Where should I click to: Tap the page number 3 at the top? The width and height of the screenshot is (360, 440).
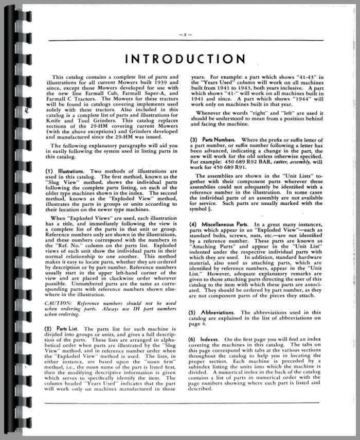[185, 35]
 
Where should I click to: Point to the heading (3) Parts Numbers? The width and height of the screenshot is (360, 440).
[212, 139]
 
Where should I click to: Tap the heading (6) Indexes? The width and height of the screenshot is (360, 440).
[206, 339]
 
